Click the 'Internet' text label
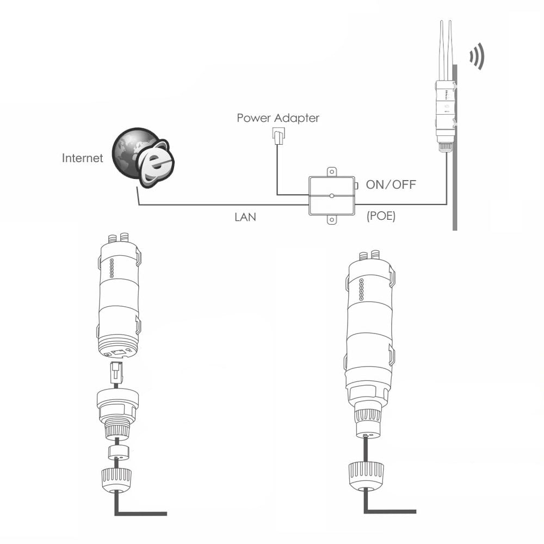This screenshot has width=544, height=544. click(x=82, y=158)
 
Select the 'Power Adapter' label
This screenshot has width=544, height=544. click(x=278, y=118)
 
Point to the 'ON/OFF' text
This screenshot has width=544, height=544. click(x=391, y=184)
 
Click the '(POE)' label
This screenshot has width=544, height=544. click(x=381, y=216)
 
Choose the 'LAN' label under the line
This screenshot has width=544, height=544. click(x=245, y=217)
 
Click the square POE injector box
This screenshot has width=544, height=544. click(x=331, y=195)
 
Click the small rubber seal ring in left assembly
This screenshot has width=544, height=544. click(x=117, y=453)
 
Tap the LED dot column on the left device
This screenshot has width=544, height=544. click(x=111, y=268)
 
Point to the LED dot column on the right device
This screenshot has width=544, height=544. click(x=361, y=290)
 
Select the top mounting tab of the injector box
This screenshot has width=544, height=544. click(x=331, y=171)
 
